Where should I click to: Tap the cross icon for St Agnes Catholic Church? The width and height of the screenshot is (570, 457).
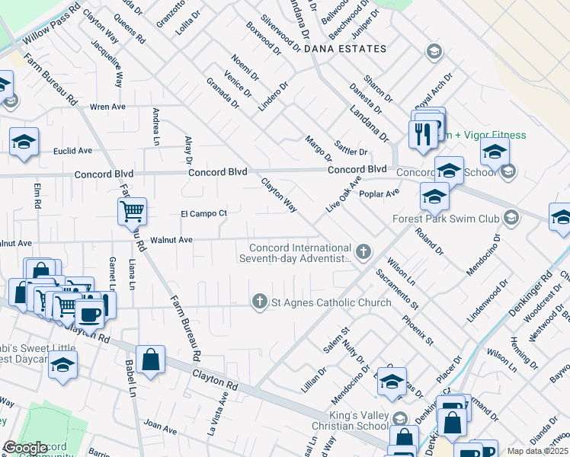coord(260,302)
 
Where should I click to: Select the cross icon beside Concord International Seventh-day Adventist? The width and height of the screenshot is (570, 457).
coord(364,250)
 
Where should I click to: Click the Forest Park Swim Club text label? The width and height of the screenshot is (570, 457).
coord(446,219)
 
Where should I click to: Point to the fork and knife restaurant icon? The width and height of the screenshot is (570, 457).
coord(421,133)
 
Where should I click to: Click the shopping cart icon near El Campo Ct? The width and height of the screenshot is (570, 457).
coord(132,210)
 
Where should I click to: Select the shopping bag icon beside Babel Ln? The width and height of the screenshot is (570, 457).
coord(152,360)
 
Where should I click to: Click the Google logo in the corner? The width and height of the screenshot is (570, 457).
coord(25,448)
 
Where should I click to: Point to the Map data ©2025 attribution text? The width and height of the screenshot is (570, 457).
coord(537,451)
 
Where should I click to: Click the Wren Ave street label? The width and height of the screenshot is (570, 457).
coord(107,107)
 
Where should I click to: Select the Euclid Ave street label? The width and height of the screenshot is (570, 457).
coord(72,151)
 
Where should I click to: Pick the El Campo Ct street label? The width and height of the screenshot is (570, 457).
coord(203,213)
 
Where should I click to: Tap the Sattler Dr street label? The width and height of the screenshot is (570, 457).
coord(351,148)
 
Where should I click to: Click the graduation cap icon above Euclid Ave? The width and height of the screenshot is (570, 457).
coord(24,141)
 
